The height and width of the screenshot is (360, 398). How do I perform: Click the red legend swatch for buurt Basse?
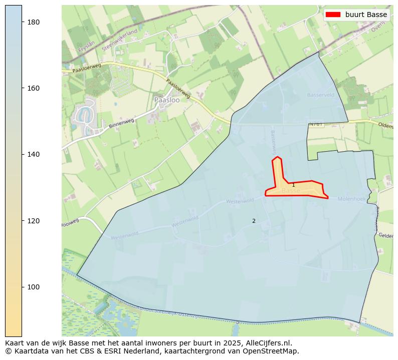click(x=333, y=15)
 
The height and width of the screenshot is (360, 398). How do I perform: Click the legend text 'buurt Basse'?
click(x=366, y=15)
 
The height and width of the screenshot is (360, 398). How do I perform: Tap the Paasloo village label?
click(x=167, y=100)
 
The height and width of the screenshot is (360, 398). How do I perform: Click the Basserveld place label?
click(x=320, y=95)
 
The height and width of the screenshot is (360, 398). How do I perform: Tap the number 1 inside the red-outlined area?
click(x=293, y=185)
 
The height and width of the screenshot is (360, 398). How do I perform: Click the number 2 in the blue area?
click(x=254, y=221)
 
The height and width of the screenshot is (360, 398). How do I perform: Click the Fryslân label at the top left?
click(x=86, y=47)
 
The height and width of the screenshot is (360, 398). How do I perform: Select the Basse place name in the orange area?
click(x=290, y=191)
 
